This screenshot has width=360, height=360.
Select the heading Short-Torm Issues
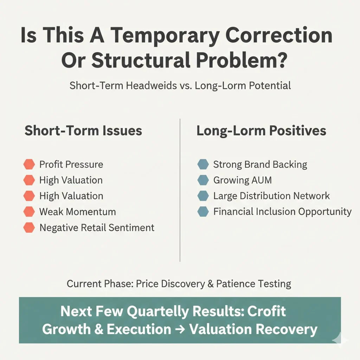click(x=83, y=131)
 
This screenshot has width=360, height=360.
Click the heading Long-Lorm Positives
click(x=261, y=131)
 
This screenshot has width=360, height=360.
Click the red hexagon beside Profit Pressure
click(x=29, y=164)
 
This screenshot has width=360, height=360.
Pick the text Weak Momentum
click(x=77, y=212)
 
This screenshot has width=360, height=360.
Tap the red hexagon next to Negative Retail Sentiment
click(x=29, y=227)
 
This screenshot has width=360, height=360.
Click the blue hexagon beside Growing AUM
click(x=203, y=180)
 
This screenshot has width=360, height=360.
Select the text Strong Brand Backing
click(x=260, y=164)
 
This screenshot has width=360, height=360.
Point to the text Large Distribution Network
click(x=271, y=196)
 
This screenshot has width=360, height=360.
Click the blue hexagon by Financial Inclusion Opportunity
click(x=203, y=212)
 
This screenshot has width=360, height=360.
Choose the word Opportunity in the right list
click(x=325, y=212)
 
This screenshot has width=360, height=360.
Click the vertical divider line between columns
click(x=180, y=190)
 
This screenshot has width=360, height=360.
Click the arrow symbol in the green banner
click(x=180, y=329)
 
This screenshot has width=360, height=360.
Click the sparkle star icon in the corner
click(x=340, y=340)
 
